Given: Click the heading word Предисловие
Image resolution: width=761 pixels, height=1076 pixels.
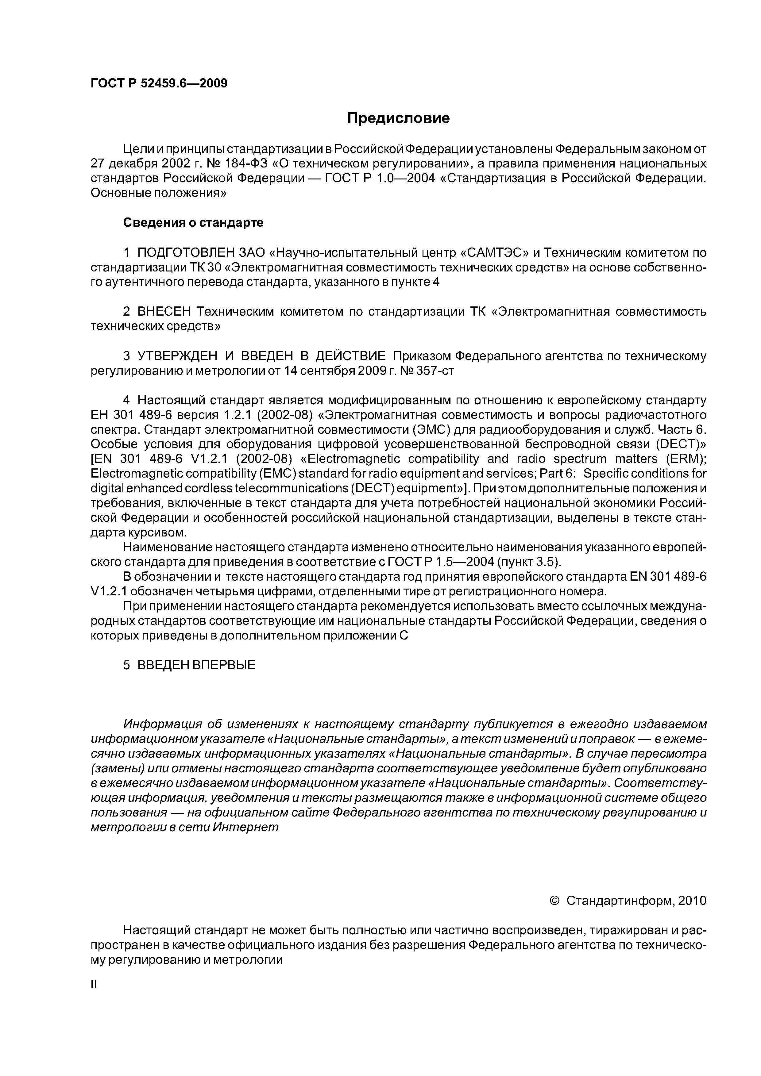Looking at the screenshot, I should [x=398, y=118].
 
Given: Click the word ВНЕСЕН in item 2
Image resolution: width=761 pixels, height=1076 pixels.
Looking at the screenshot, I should [x=164, y=312].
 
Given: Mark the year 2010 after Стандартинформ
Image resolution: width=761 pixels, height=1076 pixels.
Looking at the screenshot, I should [x=692, y=901].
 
